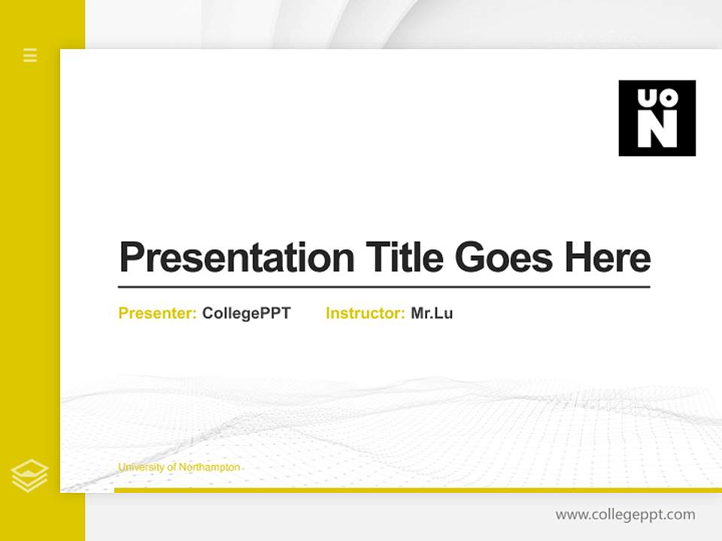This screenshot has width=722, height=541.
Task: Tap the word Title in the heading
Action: tap(404, 258)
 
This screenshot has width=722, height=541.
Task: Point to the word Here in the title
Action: tap(607, 258)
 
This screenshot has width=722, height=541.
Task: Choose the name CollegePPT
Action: tap(246, 313)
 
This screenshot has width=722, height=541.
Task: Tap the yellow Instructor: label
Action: tap(366, 313)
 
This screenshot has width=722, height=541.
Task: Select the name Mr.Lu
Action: tap(432, 313)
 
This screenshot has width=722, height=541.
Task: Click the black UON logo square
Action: tap(657, 118)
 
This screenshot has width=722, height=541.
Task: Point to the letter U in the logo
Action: tap(647, 98)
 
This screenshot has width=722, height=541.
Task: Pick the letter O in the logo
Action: tap(668, 98)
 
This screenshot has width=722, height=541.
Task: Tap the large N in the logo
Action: tap(657, 130)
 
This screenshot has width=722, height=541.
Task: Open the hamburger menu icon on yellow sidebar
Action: tap(30, 55)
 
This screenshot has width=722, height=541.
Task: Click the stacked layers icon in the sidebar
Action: tap(29, 476)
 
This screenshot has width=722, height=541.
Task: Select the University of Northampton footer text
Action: tap(179, 467)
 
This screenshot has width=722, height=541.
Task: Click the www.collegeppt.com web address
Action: tap(625, 515)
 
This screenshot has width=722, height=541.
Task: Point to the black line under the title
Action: tap(384, 286)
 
